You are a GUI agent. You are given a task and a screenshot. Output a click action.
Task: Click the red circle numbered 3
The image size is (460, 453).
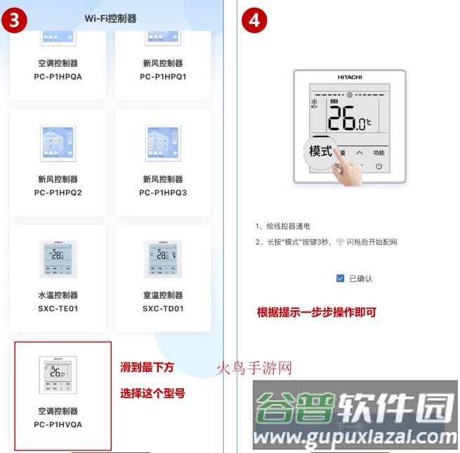(14, 19)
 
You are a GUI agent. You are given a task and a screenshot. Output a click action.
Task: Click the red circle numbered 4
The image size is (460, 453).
(254, 20)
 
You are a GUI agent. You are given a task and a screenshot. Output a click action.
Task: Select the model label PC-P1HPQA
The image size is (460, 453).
(58, 77)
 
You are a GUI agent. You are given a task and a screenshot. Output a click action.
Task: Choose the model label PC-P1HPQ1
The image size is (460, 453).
(163, 77)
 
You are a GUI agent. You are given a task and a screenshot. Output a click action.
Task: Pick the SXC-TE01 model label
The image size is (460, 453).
(58, 308)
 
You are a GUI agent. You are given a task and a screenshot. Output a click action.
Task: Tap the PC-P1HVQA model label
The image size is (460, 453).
(58, 424)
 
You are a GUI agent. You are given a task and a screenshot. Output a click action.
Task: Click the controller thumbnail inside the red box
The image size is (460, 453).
(58, 374)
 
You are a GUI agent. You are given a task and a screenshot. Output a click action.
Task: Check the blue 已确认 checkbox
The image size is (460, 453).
(340, 279)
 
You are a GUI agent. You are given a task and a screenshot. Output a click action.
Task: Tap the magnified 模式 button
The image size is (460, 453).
(321, 151)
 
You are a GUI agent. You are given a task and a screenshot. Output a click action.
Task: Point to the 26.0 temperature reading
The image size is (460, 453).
(348, 119)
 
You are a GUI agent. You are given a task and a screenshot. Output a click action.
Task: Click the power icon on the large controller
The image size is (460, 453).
(379, 167)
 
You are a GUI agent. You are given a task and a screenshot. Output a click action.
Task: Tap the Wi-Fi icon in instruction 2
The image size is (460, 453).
(340, 242)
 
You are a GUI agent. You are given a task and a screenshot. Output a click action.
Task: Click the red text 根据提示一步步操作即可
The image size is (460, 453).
(317, 312)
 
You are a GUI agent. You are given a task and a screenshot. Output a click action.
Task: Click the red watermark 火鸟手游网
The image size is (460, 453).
(253, 368)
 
